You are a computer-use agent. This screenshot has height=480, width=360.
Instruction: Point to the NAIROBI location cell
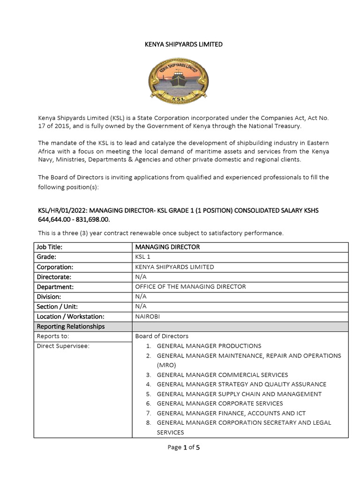(x=148, y=316)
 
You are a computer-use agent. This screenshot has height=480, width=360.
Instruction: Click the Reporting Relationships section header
(x=71, y=326)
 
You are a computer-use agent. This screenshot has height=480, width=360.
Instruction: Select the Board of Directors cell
(x=162, y=336)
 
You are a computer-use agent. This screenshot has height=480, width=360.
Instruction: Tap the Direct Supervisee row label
(x=63, y=346)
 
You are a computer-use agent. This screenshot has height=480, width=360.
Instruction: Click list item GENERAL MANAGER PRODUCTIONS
(x=209, y=346)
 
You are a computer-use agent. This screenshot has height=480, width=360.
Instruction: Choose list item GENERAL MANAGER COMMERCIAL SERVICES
(x=222, y=375)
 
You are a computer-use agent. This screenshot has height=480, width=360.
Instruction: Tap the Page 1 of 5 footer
(x=184, y=447)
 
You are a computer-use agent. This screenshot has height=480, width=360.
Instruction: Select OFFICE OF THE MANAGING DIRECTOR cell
(x=190, y=286)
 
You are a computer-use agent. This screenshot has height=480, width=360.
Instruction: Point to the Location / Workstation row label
(x=70, y=316)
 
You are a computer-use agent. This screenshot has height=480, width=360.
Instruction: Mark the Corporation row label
(x=55, y=267)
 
